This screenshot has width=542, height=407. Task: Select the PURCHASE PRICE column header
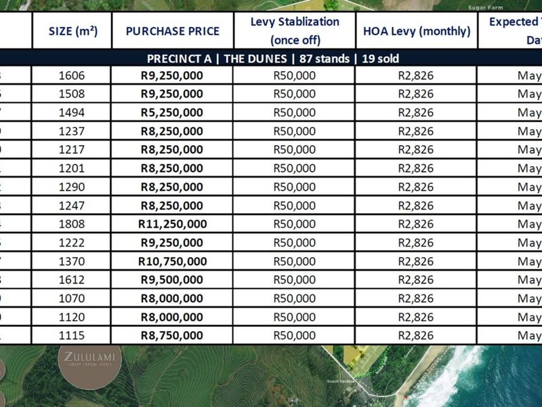point(171,31)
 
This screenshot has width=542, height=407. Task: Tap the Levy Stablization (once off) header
point(295,31)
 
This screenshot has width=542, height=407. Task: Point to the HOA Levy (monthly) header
point(417,31)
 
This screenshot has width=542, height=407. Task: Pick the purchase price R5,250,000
point(171,113)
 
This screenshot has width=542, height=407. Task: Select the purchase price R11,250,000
point(171,224)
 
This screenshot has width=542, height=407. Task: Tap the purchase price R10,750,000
point(171,261)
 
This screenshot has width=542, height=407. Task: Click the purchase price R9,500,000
point(171,279)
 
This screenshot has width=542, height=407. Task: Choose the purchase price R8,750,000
point(171,335)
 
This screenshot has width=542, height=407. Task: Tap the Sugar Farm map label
point(484,7)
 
